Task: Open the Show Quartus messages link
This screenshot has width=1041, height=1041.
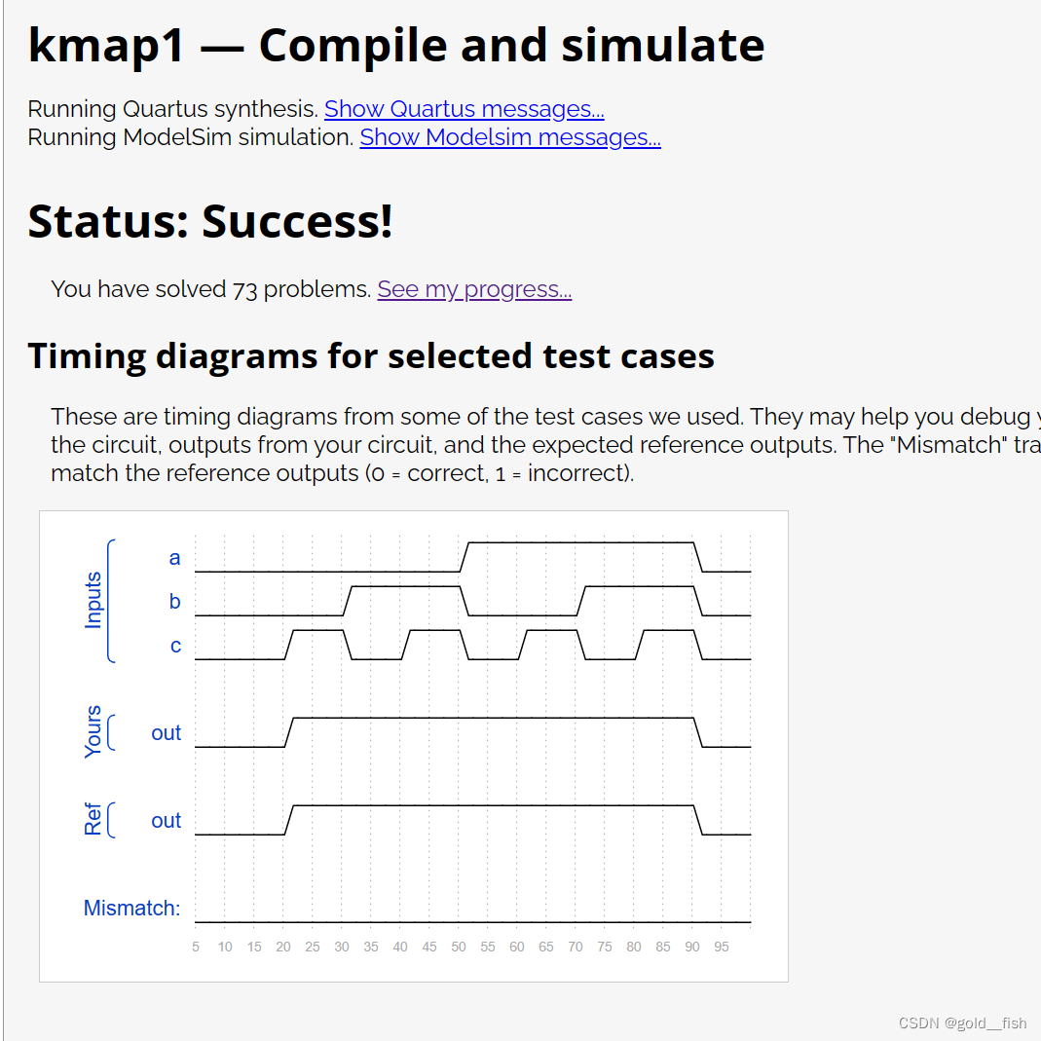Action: (465, 109)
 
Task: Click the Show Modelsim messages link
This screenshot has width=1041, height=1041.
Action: (510, 137)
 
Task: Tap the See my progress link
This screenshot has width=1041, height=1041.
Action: (474, 289)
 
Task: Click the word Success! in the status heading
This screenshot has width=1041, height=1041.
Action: (297, 221)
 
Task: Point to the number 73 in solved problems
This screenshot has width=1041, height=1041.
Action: (244, 289)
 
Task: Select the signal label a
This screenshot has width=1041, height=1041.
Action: (174, 558)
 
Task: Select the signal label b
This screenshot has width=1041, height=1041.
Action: (174, 602)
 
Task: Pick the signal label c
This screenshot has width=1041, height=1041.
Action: (175, 646)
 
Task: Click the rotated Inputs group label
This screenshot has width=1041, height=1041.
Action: (93, 600)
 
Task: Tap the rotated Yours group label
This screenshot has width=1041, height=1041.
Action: (93, 731)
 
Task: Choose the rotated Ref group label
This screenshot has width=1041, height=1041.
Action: (93, 819)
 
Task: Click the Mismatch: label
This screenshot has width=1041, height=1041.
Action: (131, 908)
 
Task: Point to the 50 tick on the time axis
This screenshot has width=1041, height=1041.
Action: (459, 947)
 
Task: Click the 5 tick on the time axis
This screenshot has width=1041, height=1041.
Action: (196, 947)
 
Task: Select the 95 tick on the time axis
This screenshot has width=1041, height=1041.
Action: (722, 947)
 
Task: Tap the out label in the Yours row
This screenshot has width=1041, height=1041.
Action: (166, 733)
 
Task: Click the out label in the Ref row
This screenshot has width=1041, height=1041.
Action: (166, 821)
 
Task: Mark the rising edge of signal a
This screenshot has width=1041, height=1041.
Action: (465, 557)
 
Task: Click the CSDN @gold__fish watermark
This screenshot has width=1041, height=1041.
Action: (963, 1023)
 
